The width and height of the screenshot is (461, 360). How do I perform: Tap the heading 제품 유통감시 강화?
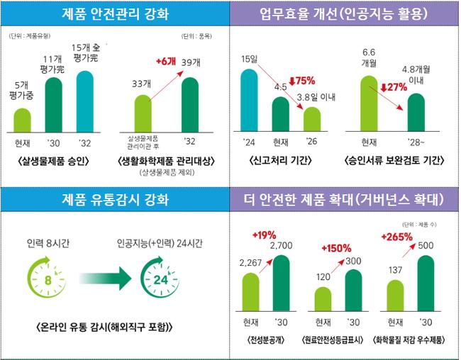(x=116, y=199)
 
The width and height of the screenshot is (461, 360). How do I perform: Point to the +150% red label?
(x=336, y=248)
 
